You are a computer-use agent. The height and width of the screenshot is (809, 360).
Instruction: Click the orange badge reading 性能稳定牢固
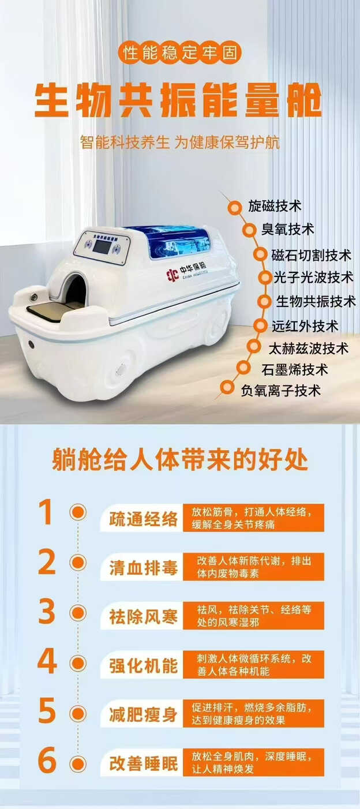[x=179, y=53]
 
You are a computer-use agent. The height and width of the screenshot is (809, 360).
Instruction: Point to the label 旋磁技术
[x=275, y=206]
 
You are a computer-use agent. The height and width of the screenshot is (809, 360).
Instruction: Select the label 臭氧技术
[x=288, y=229]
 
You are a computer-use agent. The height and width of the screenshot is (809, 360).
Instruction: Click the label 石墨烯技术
[x=295, y=370]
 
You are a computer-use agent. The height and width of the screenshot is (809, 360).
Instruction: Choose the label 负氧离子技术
[x=280, y=391]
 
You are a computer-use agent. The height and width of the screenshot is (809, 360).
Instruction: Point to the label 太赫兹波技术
[x=308, y=349]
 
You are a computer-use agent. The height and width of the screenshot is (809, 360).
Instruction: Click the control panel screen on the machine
[x=102, y=246]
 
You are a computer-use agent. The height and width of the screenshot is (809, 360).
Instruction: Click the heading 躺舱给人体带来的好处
[x=179, y=460]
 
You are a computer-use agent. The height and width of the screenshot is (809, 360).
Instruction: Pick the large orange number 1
[x=46, y=512]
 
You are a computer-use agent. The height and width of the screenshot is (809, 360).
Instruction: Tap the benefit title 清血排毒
[x=143, y=568]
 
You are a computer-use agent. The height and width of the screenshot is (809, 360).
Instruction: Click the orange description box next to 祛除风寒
[x=253, y=616]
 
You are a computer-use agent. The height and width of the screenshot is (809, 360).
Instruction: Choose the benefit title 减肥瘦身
[x=143, y=715]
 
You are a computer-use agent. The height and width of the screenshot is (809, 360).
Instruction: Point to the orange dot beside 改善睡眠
[x=78, y=764]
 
